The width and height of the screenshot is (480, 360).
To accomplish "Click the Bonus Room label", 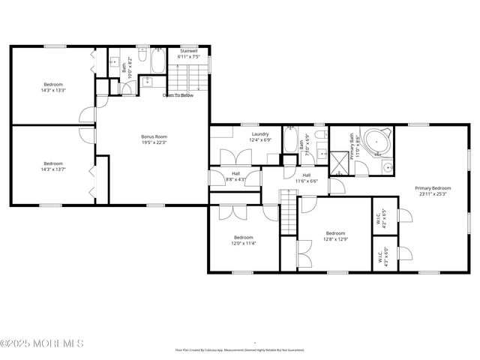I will click(154, 136).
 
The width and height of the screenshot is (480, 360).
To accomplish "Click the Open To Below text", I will click(178, 95).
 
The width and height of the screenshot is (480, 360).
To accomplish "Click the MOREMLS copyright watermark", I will click(43, 343).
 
